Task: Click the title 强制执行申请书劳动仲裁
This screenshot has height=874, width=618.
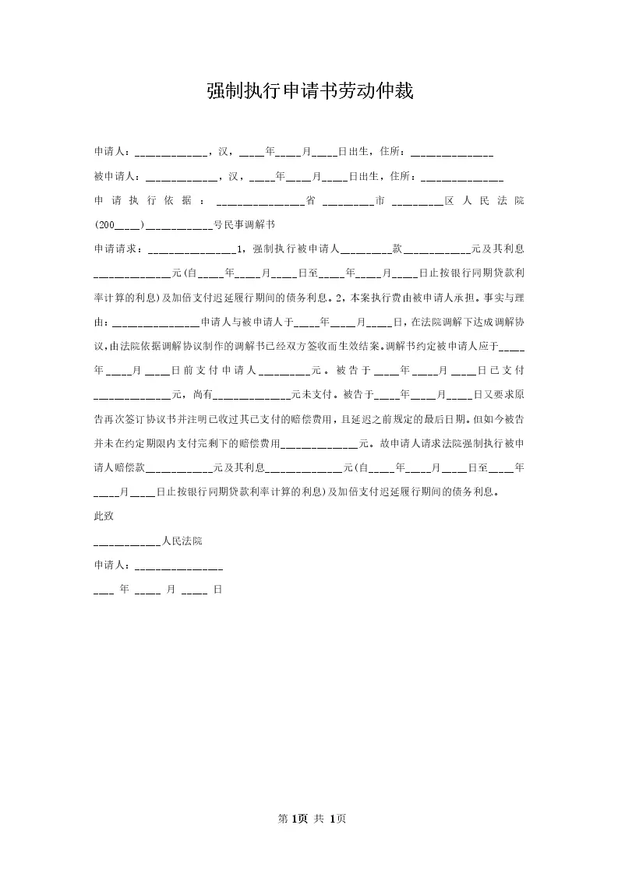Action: [x=309, y=91]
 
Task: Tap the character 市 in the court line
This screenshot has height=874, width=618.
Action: [x=380, y=201]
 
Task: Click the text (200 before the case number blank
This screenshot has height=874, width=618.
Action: [x=104, y=226]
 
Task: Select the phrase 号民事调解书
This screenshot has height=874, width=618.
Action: [x=244, y=226]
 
